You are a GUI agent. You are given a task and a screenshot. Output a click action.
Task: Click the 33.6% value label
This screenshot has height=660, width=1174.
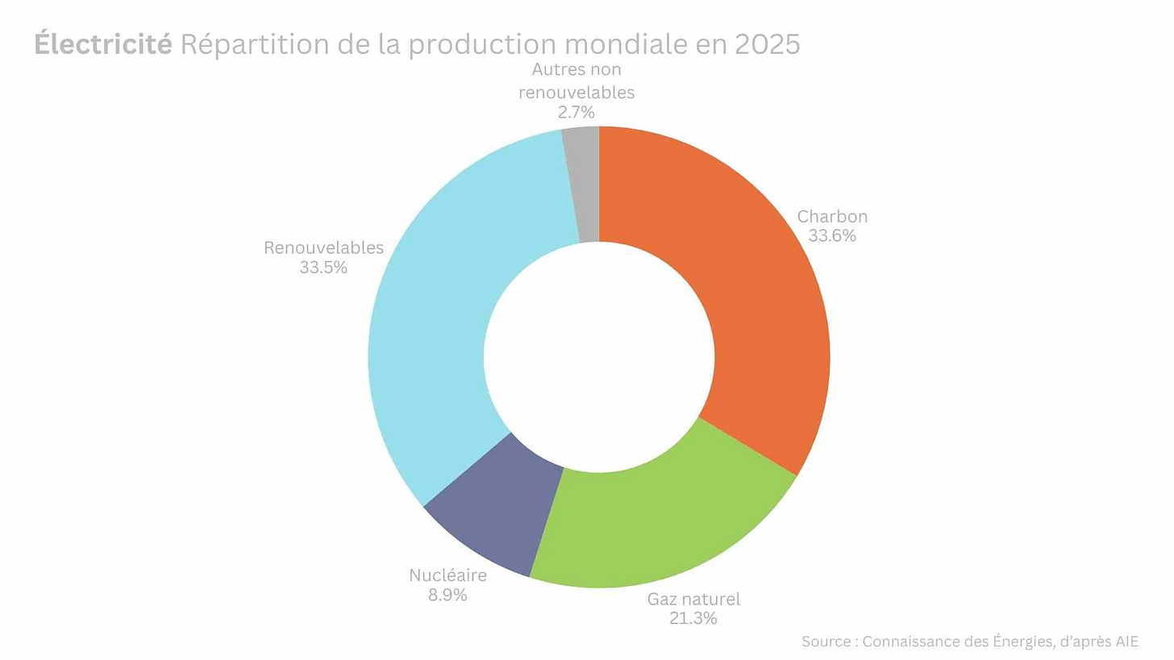pyautogui.click(x=832, y=236)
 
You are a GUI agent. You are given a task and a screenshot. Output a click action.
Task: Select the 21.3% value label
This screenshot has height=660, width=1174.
pyautogui.click(x=693, y=618)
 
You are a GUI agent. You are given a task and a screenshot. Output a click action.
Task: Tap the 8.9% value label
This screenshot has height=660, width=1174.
pyautogui.click(x=448, y=595)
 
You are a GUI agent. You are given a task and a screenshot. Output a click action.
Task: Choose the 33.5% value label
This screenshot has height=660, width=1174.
pyautogui.click(x=323, y=268)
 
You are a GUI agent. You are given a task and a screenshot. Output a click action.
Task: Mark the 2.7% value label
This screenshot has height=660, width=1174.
pyautogui.click(x=577, y=112)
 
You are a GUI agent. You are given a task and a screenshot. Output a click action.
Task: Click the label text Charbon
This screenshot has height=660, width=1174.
pyautogui.click(x=832, y=217)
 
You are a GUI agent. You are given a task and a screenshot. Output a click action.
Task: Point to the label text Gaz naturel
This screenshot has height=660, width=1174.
pyautogui.click(x=693, y=599)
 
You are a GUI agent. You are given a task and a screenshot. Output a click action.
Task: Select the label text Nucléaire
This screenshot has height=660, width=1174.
pyautogui.click(x=448, y=575)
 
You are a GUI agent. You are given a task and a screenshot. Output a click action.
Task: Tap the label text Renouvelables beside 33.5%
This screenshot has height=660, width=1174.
pyautogui.click(x=323, y=247)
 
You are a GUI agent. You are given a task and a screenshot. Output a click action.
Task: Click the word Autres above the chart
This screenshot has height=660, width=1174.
pyautogui.click(x=553, y=70)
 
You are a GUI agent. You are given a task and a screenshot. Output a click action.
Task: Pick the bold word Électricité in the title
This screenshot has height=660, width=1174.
pyautogui.click(x=102, y=44)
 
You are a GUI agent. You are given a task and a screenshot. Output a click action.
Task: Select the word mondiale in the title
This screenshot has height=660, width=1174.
pyautogui.click(x=616, y=44)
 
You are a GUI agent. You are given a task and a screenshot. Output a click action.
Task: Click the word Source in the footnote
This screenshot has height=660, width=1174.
pyautogui.click(x=826, y=641)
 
